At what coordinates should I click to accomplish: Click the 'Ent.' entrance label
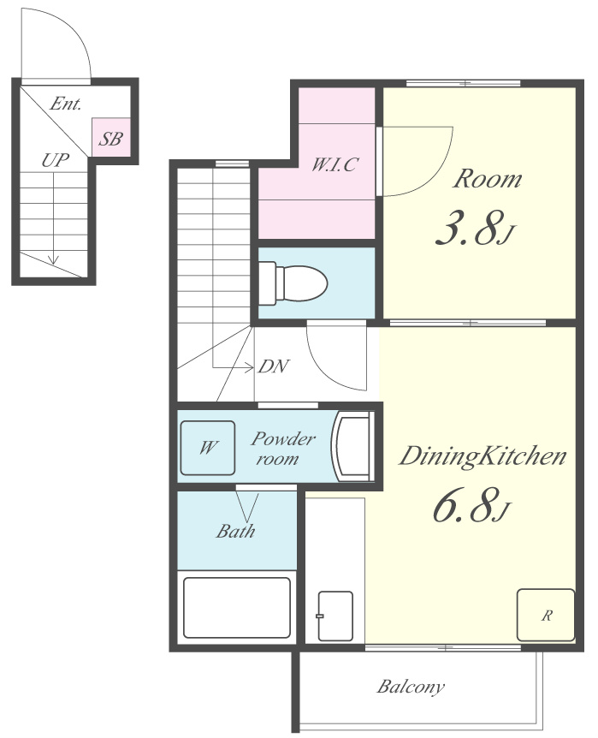65,104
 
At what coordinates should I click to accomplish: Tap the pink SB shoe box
110,137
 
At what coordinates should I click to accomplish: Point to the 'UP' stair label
55,160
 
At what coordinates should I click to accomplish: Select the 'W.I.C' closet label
335,164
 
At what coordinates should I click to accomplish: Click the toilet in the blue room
293,283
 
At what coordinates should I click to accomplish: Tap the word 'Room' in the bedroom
488,179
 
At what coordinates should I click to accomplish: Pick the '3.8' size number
465,229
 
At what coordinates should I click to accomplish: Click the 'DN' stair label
273,366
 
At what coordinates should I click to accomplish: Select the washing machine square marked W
208,448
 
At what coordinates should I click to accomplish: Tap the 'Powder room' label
282,448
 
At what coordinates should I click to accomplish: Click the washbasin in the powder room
352,446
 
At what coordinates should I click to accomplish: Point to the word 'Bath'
235,531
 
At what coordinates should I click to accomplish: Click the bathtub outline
237,607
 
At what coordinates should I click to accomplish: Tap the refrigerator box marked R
546,615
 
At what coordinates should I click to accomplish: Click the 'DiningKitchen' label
483,456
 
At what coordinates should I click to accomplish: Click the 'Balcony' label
411,687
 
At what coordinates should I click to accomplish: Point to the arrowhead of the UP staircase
54,259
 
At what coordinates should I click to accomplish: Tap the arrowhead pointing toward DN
249,367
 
